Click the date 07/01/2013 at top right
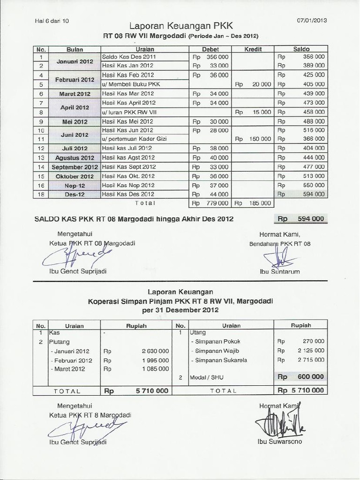click(312, 20)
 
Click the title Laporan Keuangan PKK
click(180, 26)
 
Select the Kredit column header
click(253, 49)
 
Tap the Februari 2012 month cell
click(75, 80)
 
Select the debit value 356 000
click(217, 56)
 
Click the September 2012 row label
click(75, 167)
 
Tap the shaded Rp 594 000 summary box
click(301, 219)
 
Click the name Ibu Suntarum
click(279, 271)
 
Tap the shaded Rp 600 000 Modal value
click(301, 377)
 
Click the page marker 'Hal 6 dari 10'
click(52, 21)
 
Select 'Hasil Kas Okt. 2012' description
click(128, 176)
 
